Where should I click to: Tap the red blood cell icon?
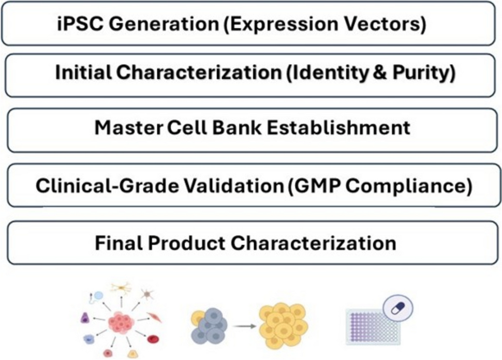(154, 339)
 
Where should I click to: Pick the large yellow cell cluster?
(283, 324)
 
